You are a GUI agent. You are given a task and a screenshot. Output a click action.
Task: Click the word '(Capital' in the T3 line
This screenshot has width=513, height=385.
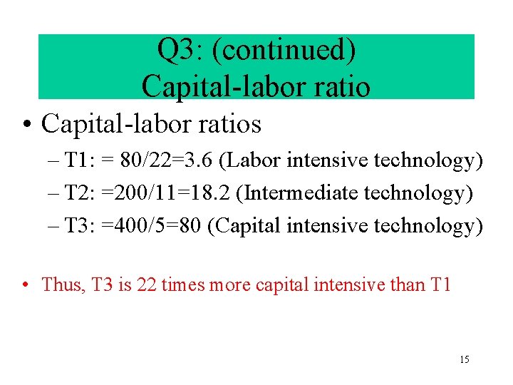[x=247, y=226]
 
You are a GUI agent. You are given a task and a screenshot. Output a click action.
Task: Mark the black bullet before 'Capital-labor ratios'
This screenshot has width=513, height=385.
[x=26, y=125]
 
